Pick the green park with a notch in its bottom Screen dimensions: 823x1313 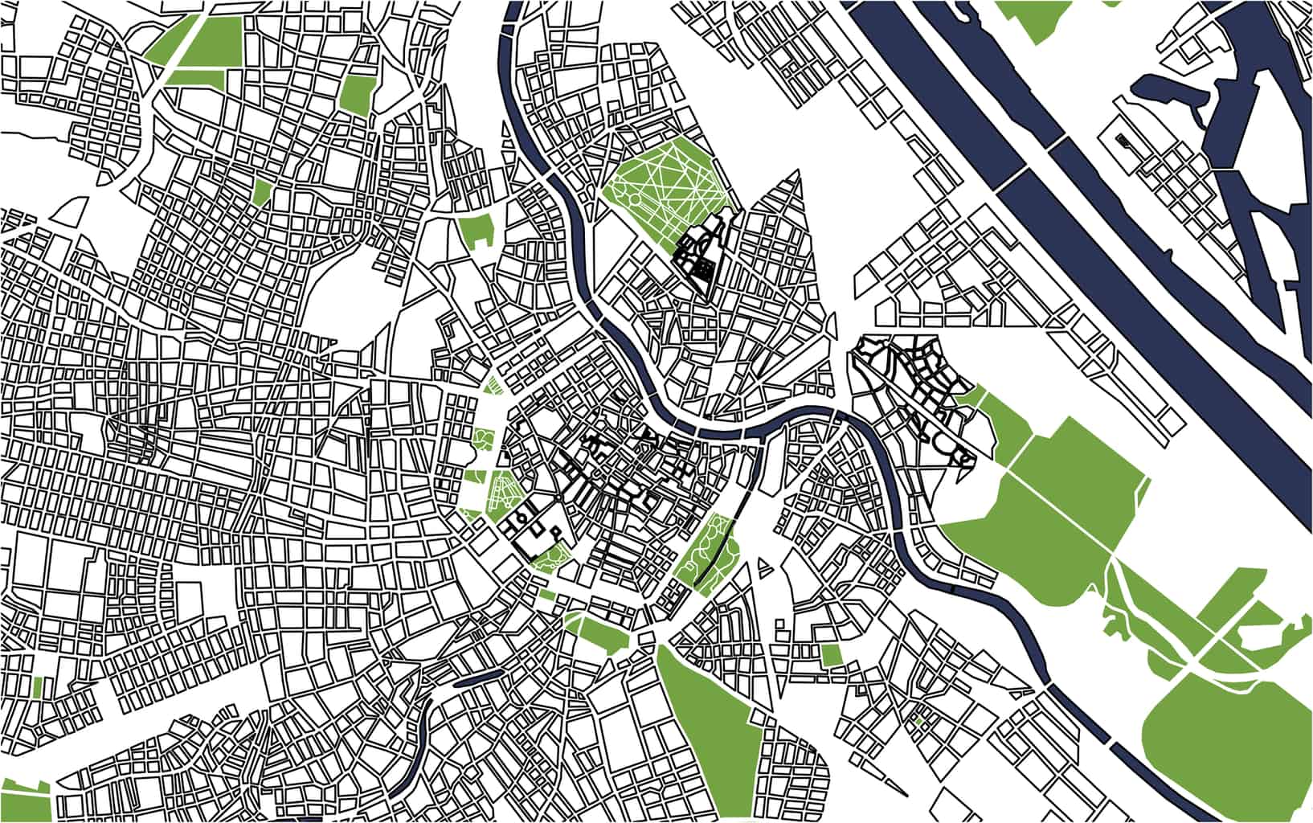click(476, 229)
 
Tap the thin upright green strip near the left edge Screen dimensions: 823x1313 click(38, 687)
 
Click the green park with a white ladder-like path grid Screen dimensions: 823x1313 click(506, 490)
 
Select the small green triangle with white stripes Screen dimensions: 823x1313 click(493, 385)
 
